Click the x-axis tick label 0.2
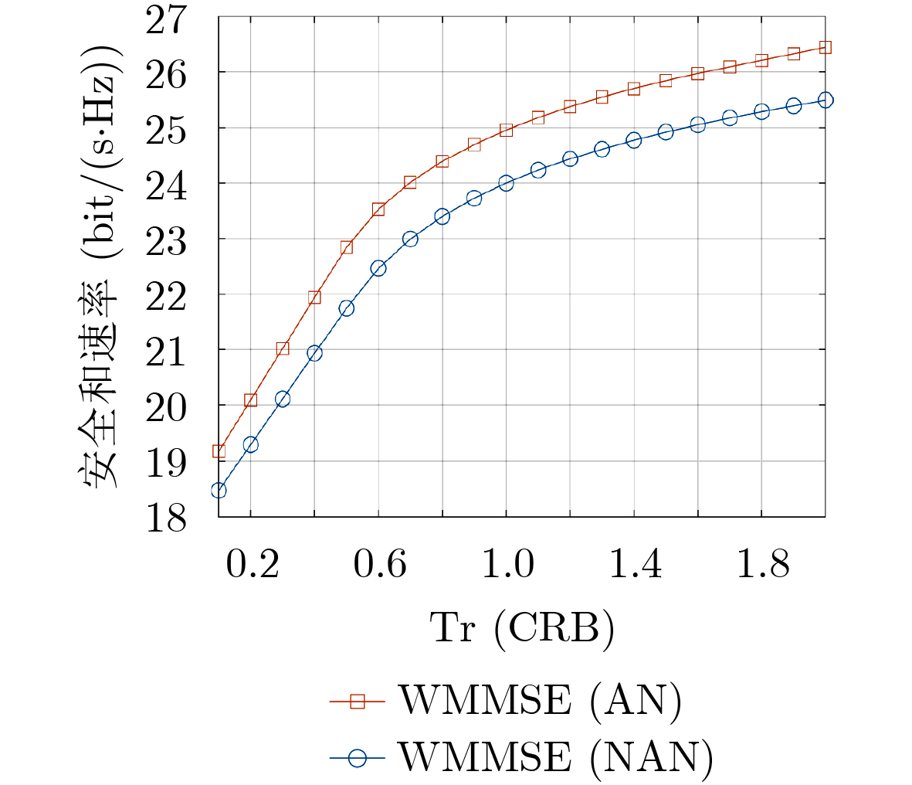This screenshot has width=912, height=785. tap(252, 566)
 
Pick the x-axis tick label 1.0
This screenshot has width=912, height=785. tap(507, 566)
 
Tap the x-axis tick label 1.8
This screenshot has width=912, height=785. tap(762, 566)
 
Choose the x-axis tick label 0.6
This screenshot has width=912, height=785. tap(379, 566)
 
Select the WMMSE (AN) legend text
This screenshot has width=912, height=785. tap(539, 702)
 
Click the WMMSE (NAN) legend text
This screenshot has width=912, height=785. tap(555, 757)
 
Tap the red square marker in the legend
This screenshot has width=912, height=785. tap(357, 702)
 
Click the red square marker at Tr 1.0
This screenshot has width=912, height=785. tap(507, 130)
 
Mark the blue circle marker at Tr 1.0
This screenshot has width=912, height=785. tap(507, 183)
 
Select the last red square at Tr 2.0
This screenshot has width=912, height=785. tap(826, 47)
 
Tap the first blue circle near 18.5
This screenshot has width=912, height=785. tap(219, 491)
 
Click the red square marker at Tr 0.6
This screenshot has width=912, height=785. tap(378, 209)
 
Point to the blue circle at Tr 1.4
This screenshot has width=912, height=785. tap(634, 140)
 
